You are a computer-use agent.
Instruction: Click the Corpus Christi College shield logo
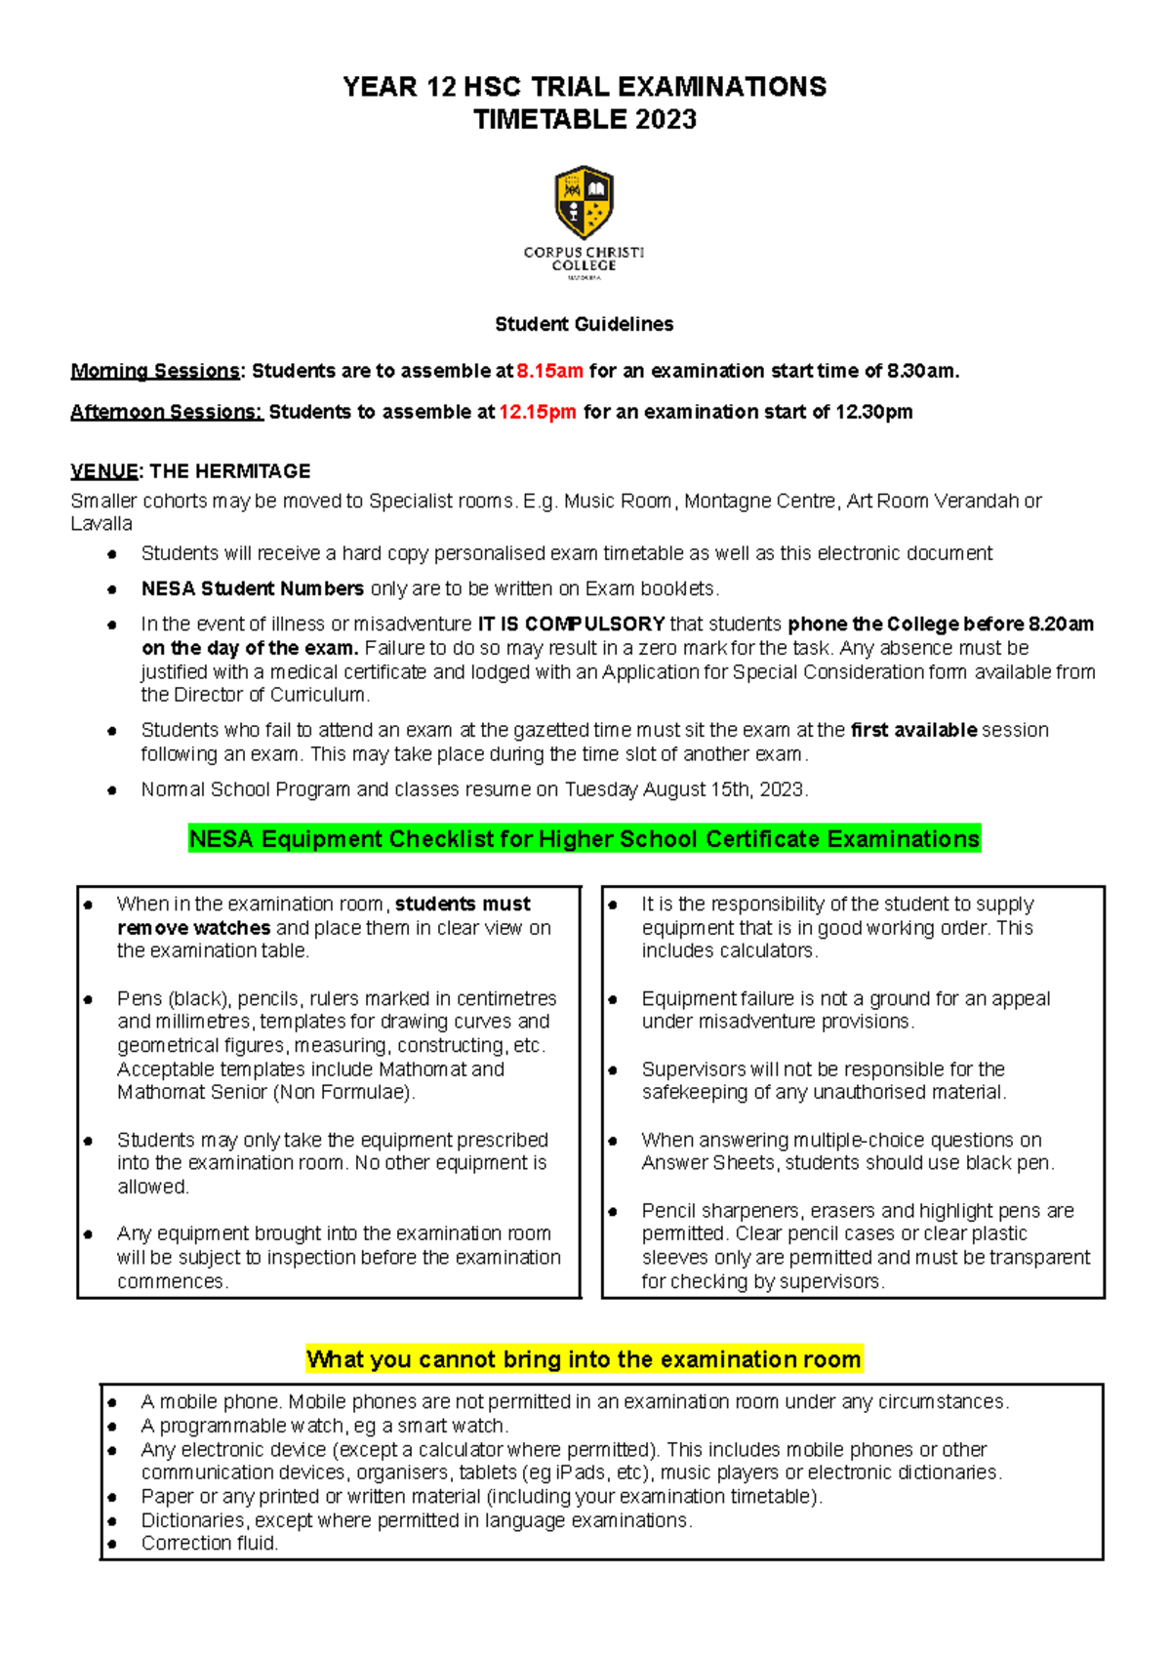tap(584, 202)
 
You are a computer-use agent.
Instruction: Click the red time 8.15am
tap(549, 371)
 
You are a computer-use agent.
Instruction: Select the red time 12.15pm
tap(538, 412)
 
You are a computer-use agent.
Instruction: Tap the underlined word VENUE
tap(104, 471)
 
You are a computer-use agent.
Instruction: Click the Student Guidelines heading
tap(584, 324)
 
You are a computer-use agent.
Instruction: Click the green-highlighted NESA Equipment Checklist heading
tap(584, 839)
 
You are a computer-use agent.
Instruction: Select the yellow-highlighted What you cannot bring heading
tap(584, 1359)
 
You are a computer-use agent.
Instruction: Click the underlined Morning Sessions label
tap(155, 371)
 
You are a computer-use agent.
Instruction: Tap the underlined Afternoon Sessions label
tap(166, 412)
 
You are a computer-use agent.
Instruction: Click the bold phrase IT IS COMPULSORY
tap(571, 624)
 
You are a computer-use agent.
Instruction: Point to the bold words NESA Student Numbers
tap(252, 588)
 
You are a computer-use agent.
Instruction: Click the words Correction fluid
tap(210, 1544)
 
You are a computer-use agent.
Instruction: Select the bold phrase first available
tap(913, 730)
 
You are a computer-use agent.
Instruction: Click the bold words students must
tap(463, 904)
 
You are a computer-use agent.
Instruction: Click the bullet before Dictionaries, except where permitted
tap(113, 1521)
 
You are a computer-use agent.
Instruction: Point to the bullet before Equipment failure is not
tap(613, 999)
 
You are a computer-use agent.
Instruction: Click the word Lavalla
tap(101, 524)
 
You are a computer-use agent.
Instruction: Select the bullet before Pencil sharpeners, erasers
tap(613, 1212)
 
